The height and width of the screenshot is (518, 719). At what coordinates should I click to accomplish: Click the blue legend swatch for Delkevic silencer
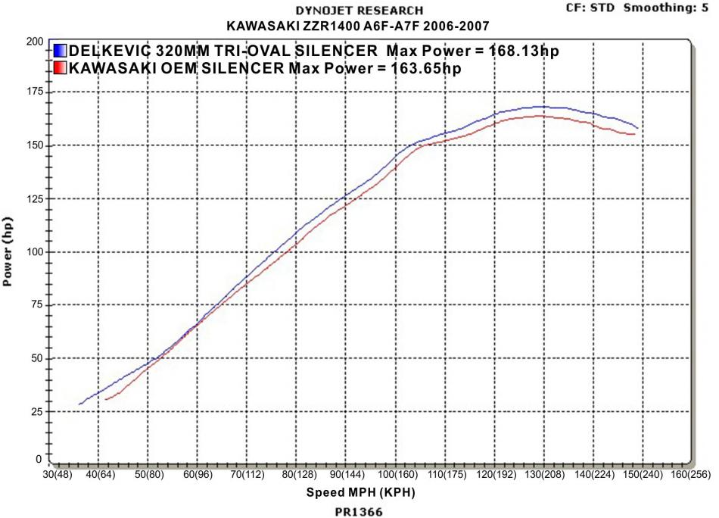61,51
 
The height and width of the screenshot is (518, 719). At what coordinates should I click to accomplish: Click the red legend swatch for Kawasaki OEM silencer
61,68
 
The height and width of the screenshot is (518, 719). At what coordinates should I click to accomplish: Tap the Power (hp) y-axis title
9,250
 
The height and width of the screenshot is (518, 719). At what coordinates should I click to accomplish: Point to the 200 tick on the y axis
34,41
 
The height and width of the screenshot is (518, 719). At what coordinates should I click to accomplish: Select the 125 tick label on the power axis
34,199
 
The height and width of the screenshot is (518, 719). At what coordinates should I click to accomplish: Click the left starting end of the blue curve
79,404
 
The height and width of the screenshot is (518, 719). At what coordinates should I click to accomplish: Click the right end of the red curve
634,134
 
